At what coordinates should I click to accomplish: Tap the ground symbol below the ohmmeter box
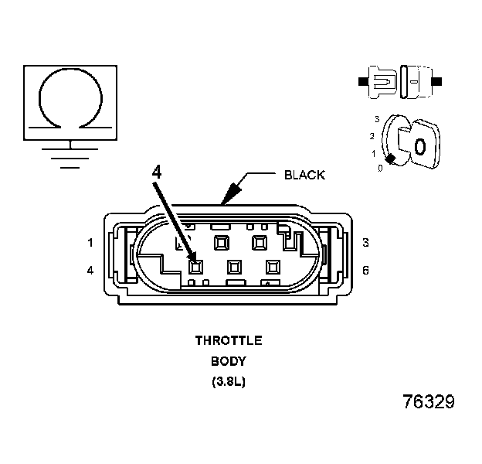[x=70, y=154]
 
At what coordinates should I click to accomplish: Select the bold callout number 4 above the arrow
[x=157, y=172]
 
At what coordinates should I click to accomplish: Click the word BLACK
[x=304, y=175]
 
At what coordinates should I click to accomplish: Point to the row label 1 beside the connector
[x=90, y=242]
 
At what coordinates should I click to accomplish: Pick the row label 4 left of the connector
[x=90, y=270]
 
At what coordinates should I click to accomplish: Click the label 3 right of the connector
[x=365, y=242]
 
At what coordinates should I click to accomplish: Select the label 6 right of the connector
[x=365, y=270]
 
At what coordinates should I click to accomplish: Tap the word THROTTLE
[x=229, y=340]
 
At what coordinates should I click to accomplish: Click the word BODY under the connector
[x=228, y=361]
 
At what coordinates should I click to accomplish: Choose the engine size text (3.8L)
[x=228, y=382]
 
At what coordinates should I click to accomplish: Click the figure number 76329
[x=429, y=403]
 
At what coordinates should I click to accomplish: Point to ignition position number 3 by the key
[x=376, y=119]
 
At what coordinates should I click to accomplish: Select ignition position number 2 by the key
[x=372, y=136]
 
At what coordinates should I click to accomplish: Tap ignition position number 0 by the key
[x=380, y=167]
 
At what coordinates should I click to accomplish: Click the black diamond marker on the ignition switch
[x=392, y=159]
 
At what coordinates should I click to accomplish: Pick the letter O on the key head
[x=419, y=145]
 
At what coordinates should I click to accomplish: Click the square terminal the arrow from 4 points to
[x=195, y=267]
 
